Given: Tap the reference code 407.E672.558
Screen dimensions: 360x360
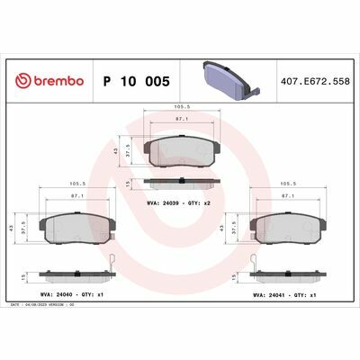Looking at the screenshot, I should click(x=315, y=81).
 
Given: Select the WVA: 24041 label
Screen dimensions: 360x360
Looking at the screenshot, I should click(x=270, y=293).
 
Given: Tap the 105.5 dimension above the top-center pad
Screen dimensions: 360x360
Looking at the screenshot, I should click(x=181, y=104).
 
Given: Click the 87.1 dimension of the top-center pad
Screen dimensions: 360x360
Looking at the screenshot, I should click(x=181, y=118).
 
